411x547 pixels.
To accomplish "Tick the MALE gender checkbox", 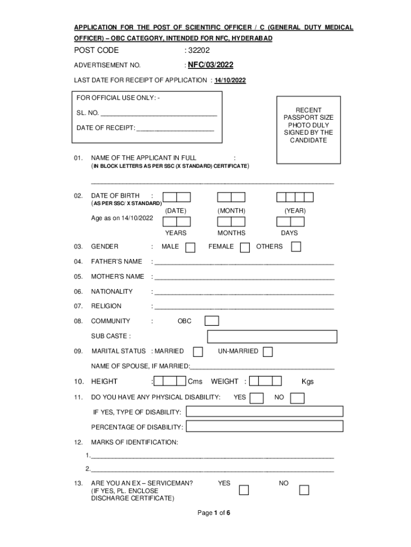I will [190, 247].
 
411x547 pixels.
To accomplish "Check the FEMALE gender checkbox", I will [245, 247].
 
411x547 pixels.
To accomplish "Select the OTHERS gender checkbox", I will [296, 246].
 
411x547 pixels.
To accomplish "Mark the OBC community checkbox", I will [212, 321].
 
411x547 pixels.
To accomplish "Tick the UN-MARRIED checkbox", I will [268, 351].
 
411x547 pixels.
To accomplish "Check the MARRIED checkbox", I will [198, 351].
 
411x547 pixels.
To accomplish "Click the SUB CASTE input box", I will [272, 337].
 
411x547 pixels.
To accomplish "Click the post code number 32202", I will [199, 51].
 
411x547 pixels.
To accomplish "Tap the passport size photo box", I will [309, 129].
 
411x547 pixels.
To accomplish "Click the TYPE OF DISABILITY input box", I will [264, 411].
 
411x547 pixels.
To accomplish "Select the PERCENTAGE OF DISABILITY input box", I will [264, 426].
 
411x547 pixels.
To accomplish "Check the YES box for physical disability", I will [257, 398].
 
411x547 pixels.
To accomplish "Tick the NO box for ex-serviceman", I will [304, 490].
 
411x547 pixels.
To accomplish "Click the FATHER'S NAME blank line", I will [244, 263].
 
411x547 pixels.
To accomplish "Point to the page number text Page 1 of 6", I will [214, 513].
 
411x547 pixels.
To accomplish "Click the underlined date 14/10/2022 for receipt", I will [230, 81].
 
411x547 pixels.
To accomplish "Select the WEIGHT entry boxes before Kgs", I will [265, 381].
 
